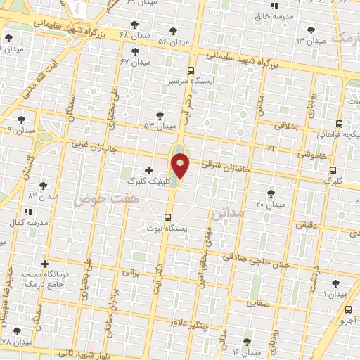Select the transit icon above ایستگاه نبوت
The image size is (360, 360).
(x=167, y=217)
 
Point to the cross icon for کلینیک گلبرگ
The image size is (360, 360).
(x=148, y=169)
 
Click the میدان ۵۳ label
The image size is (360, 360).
(x=160, y=126)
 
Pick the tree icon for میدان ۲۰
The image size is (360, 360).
(x=271, y=193)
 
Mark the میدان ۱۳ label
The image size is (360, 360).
(x=311, y=41)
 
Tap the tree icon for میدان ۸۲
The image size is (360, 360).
(x=44, y=186)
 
